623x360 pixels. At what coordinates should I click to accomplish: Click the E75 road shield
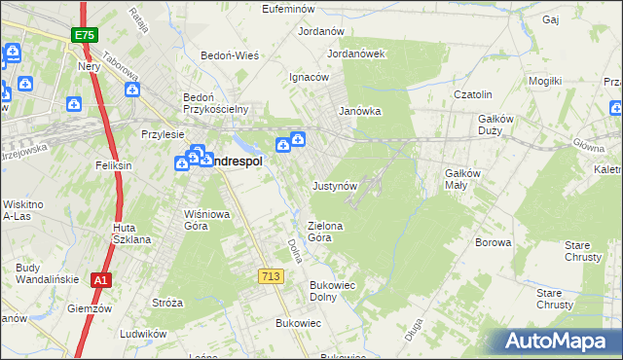click(x=83, y=35)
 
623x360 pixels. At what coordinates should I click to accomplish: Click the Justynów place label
click(x=336, y=185)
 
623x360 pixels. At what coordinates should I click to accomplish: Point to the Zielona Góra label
click(x=326, y=232)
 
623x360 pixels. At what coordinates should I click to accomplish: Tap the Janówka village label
click(x=359, y=111)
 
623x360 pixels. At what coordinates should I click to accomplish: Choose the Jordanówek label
click(x=357, y=54)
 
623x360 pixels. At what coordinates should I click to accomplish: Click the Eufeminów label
click(x=292, y=9)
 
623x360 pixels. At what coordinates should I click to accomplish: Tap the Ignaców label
click(x=310, y=77)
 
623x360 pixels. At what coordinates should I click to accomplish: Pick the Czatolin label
click(x=475, y=94)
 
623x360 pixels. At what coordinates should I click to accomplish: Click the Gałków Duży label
click(x=502, y=125)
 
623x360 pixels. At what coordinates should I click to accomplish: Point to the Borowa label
click(x=493, y=242)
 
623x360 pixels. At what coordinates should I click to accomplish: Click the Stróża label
click(x=167, y=303)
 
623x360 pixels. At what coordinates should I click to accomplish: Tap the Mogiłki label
click(x=545, y=81)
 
